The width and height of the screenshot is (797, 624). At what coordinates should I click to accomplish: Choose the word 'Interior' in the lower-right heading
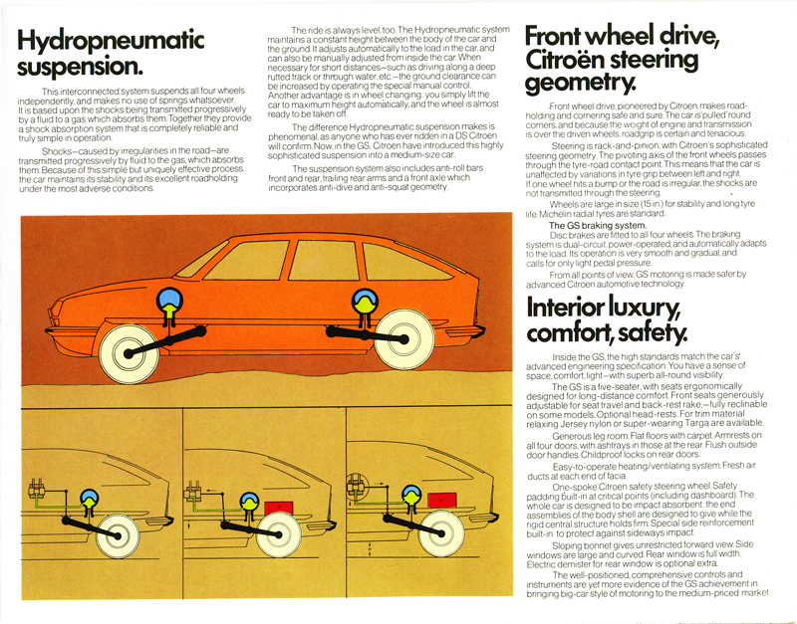578,308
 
